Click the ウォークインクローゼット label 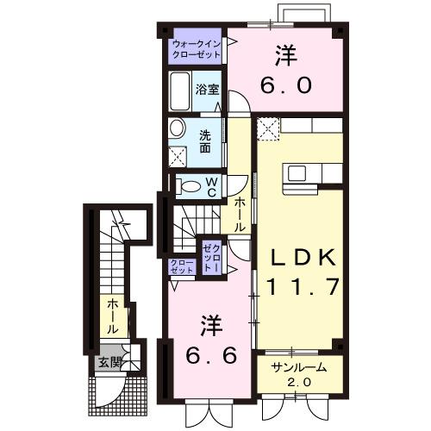pos(197,48)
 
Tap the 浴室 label pos(205,88)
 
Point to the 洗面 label pos(205,141)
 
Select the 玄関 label pos(108,361)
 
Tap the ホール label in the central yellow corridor pos(240,211)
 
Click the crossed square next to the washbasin pos(179,157)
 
